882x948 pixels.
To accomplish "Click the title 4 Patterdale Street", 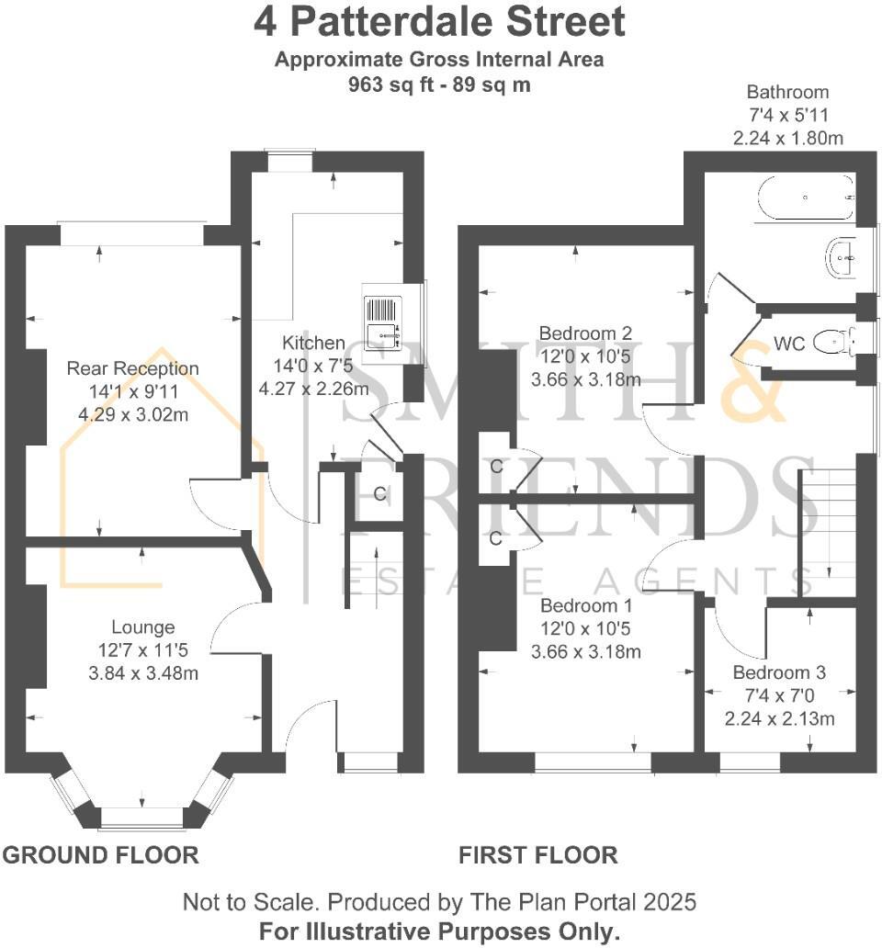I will pyautogui.click(x=440, y=23).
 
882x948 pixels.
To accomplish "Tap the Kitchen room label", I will pyautogui.click(x=313, y=343).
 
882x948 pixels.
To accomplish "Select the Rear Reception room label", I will pyautogui.click(x=132, y=368).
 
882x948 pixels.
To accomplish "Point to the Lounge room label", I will pyautogui.click(x=142, y=627).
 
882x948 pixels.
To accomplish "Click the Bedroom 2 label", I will pyautogui.click(x=585, y=333).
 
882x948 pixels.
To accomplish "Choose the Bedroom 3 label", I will pyautogui.click(x=779, y=671).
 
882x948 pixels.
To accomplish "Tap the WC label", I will pyautogui.click(x=789, y=344).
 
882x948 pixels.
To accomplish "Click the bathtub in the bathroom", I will pyautogui.click(x=806, y=197).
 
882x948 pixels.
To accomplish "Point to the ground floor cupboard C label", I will pyautogui.click(x=379, y=493).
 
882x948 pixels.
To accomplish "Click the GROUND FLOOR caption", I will pyautogui.click(x=101, y=855).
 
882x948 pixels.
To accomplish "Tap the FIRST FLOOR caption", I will pyautogui.click(x=538, y=855).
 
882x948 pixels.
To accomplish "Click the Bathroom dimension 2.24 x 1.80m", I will pyautogui.click(x=787, y=138).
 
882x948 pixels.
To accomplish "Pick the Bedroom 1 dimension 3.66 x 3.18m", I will pyautogui.click(x=585, y=652).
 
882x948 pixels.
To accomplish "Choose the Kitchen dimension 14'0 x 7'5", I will pyautogui.click(x=313, y=366).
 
